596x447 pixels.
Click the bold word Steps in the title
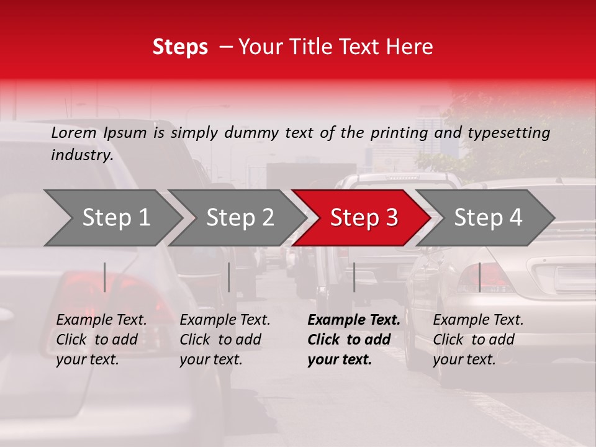click(180, 47)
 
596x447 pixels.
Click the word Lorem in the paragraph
click(73, 133)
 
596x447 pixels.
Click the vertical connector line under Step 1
click(105, 277)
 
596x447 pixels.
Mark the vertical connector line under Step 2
click(229, 277)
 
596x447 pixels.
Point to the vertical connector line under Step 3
click(354, 277)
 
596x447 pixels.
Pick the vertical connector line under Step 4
click(479, 277)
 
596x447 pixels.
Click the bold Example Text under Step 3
click(354, 320)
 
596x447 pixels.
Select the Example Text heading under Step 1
click(102, 320)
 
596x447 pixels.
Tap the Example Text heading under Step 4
click(478, 320)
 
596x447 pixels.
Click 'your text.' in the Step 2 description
click(211, 359)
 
